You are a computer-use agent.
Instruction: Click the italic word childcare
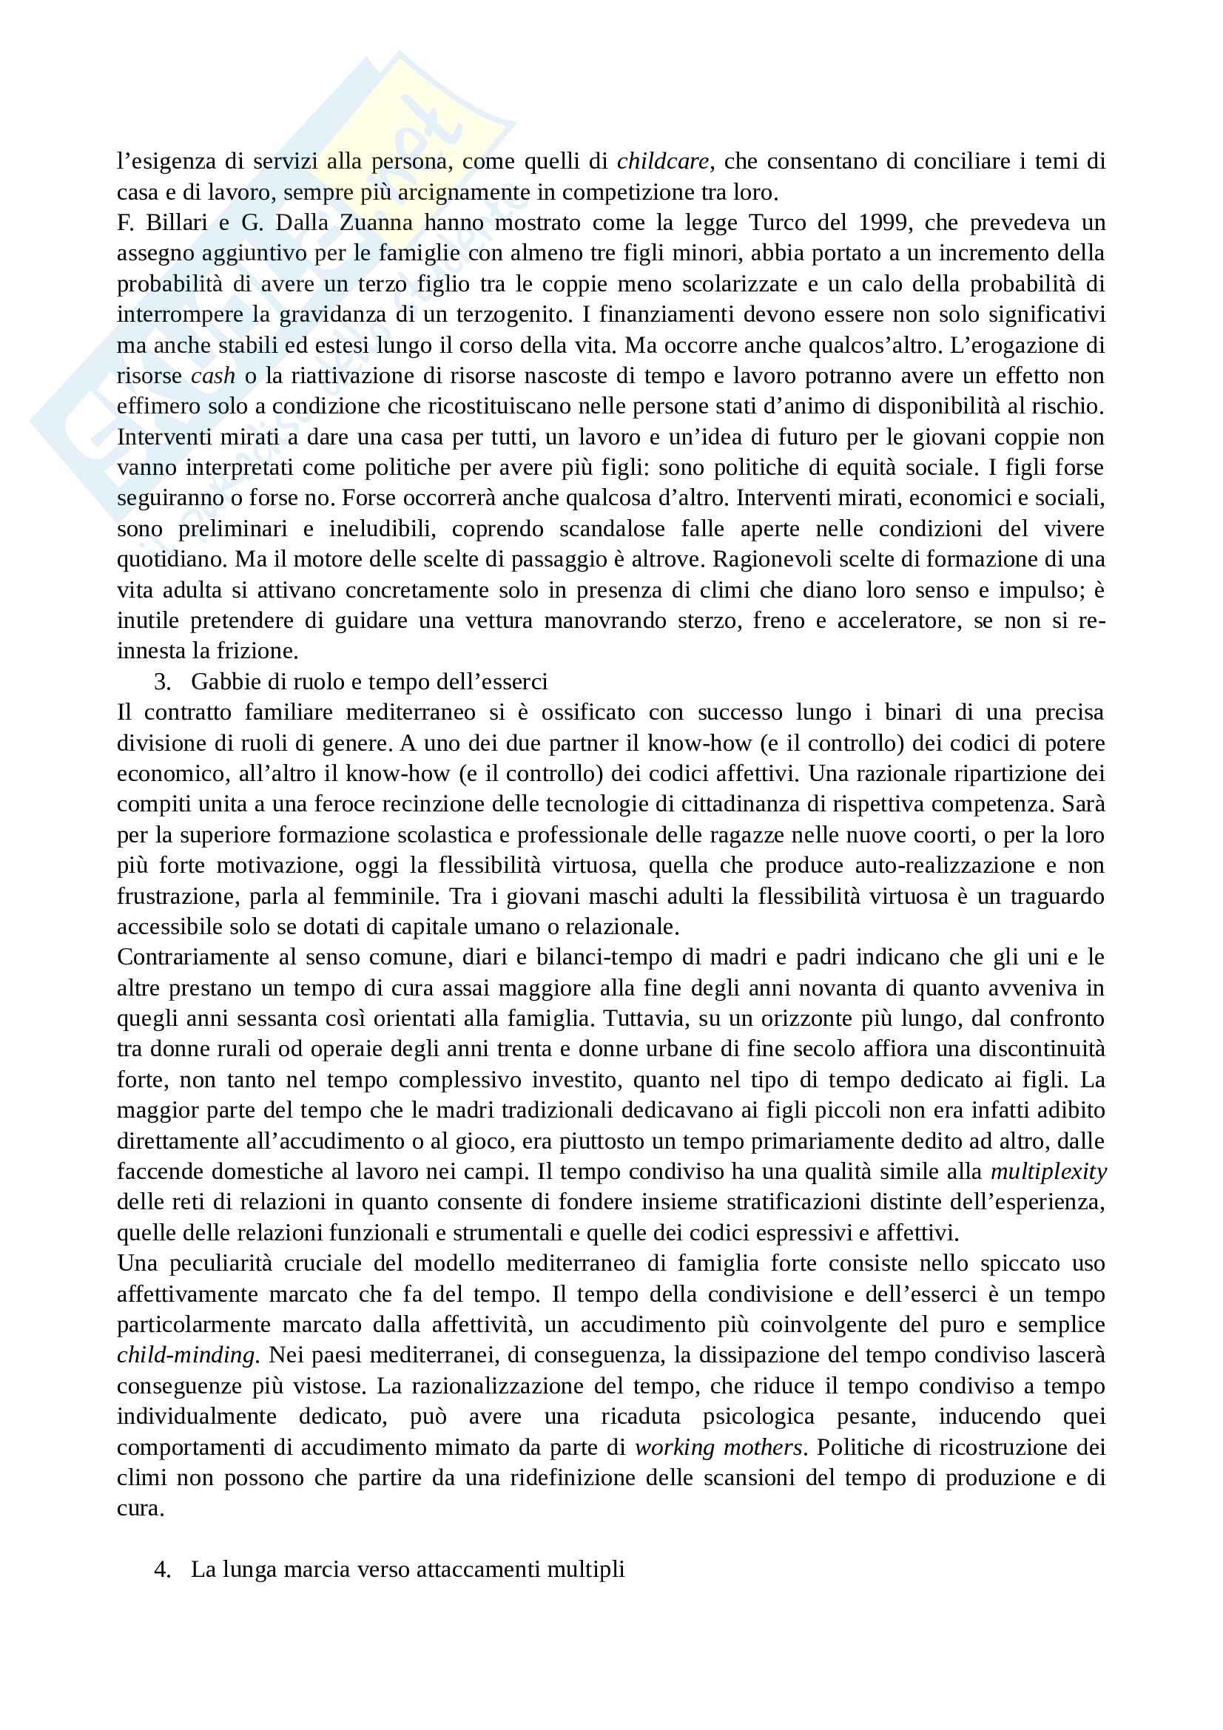pyautogui.click(x=662, y=161)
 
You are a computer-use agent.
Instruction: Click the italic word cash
pyautogui.click(x=212, y=375)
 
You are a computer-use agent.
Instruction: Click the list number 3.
pyautogui.click(x=161, y=681)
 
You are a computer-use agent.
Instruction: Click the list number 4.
pyautogui.click(x=161, y=1569)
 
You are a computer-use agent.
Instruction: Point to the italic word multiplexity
pyautogui.click(x=1048, y=1171)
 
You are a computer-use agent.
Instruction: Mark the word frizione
pyautogui.click(x=257, y=650)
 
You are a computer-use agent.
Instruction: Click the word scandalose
pyautogui.click(x=611, y=528)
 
